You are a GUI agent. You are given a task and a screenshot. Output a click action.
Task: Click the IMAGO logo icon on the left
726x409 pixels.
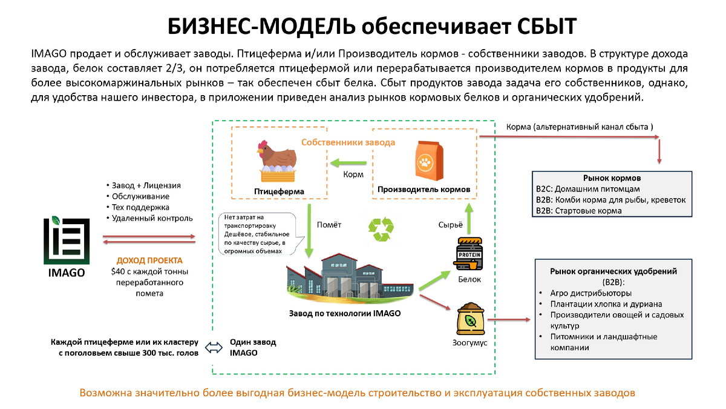pyautogui.click(x=67, y=241)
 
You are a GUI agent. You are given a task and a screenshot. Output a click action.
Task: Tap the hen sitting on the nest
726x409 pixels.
pyautogui.click(x=277, y=161)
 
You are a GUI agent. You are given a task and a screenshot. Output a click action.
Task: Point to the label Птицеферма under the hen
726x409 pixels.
pyautogui.click(x=279, y=192)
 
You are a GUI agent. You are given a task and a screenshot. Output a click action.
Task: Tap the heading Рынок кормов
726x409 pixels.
pyautogui.click(x=612, y=179)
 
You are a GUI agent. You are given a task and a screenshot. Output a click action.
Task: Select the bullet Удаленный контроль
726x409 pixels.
pyautogui.click(x=152, y=218)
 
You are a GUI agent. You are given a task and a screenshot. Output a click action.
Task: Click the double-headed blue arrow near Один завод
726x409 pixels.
pyautogui.click(x=214, y=347)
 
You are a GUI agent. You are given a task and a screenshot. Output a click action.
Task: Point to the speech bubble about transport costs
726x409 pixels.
pyautogui.click(x=255, y=234)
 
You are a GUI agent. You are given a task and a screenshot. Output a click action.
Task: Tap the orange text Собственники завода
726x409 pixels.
pyautogui.click(x=348, y=142)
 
